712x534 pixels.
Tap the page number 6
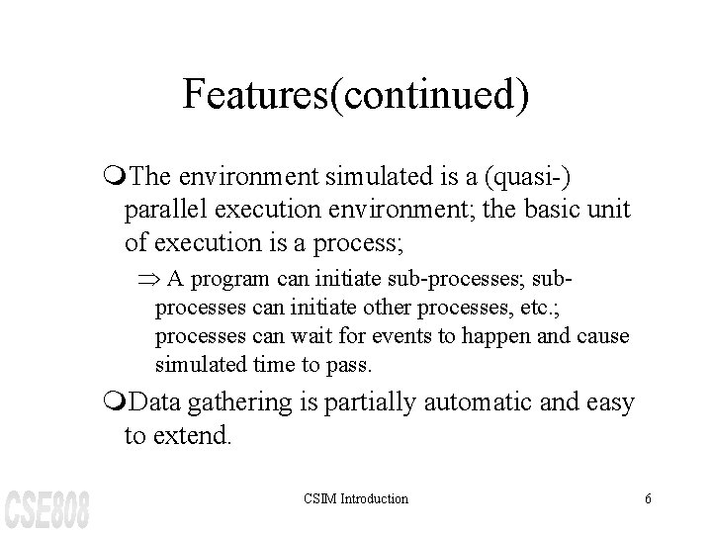648,499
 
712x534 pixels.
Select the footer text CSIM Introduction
356,499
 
